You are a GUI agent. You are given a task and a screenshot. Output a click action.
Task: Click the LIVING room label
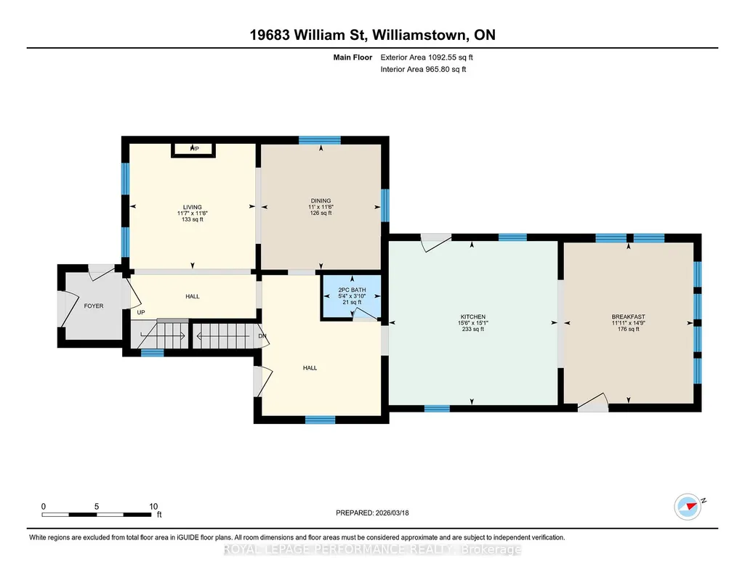(x=193, y=208)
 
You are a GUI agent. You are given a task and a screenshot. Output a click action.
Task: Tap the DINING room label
(x=321, y=200)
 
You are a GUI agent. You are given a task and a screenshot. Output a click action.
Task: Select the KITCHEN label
(x=472, y=317)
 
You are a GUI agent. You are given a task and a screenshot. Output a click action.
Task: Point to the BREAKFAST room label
(x=628, y=317)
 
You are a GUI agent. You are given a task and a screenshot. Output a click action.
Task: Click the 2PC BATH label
(x=352, y=290)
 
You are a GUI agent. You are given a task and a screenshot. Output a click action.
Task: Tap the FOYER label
(x=94, y=306)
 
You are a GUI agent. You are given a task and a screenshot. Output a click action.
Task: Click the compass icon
(x=688, y=506)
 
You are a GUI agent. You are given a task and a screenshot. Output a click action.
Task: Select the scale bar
(x=97, y=514)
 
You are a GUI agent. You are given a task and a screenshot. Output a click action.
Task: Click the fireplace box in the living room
(x=193, y=150)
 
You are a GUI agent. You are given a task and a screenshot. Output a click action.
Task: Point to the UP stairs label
(x=140, y=313)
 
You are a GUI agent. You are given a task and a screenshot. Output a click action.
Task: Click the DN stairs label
(x=262, y=336)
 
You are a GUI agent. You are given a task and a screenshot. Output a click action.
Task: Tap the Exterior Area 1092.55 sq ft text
(x=427, y=57)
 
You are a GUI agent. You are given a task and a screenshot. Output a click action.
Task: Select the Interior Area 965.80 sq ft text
(x=423, y=69)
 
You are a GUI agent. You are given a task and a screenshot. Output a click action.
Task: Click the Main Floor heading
(x=353, y=57)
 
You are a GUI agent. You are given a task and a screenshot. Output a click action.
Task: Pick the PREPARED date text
(x=372, y=513)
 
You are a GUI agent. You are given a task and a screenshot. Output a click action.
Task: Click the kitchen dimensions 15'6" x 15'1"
(x=472, y=323)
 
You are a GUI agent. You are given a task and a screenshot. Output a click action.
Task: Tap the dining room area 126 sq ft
(x=321, y=213)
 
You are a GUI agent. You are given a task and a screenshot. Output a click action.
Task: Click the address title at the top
(x=372, y=35)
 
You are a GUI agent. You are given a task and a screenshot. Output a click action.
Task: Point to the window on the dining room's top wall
(x=320, y=140)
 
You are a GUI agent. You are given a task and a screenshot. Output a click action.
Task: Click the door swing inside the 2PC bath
(x=364, y=314)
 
